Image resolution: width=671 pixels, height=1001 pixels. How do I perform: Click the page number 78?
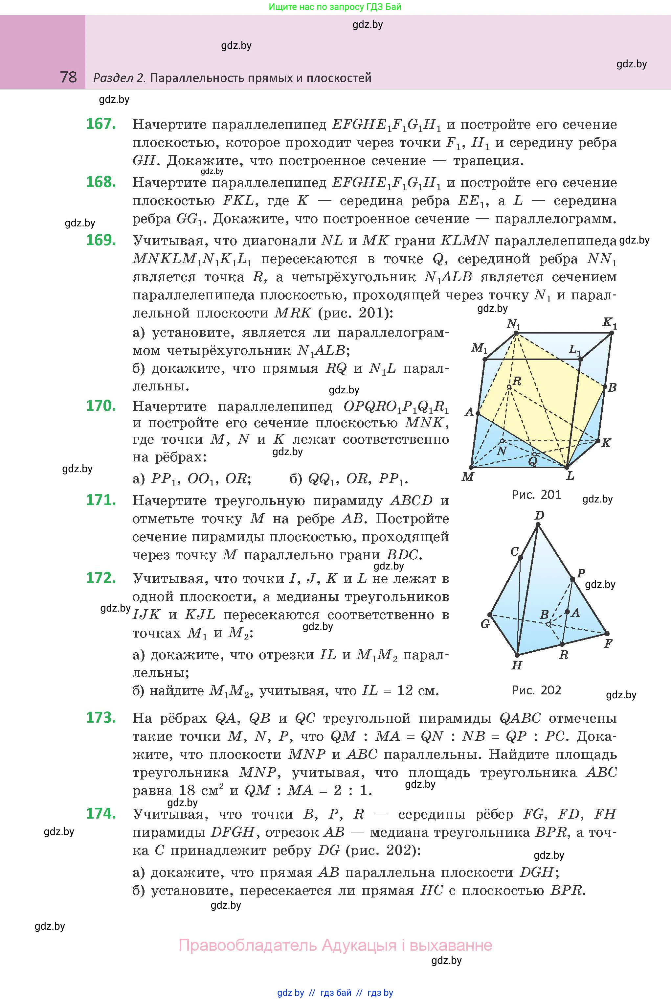[68, 77]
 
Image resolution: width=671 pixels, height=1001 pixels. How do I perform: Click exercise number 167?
[101, 124]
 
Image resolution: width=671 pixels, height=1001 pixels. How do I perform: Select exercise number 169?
[101, 240]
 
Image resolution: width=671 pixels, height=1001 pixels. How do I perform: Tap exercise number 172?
[101, 578]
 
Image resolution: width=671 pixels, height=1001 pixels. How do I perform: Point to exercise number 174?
[101, 813]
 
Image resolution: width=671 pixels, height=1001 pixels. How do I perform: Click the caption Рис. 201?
[537, 495]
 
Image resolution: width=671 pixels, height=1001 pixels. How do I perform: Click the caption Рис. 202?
[537, 690]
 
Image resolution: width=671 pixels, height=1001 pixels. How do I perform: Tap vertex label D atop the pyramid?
[539, 515]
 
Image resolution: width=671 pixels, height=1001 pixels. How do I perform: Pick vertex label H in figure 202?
[517, 665]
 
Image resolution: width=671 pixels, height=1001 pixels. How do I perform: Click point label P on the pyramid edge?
[581, 573]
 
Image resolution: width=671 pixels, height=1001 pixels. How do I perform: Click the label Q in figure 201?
[532, 461]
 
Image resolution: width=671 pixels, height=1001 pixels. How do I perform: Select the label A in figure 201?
[469, 412]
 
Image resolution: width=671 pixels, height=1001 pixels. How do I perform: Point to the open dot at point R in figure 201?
[509, 387]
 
